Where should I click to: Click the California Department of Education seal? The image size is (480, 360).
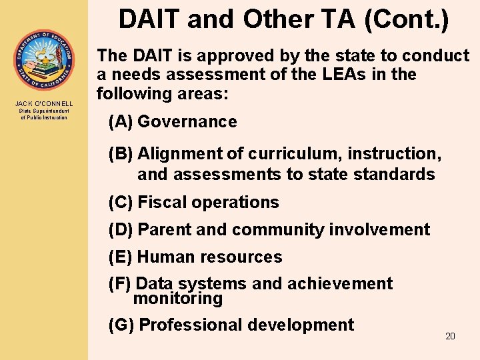[x=44, y=60]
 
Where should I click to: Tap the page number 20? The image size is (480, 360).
[x=450, y=336]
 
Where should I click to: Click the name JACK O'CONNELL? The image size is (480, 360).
[x=44, y=103]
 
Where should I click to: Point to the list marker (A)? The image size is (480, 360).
[x=121, y=122]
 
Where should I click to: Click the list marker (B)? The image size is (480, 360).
[x=121, y=154]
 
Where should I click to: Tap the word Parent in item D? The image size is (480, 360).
[x=165, y=230]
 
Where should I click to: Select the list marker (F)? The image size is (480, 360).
[x=120, y=284]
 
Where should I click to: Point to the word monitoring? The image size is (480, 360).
[x=178, y=299]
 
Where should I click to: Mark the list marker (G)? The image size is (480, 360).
[x=121, y=325]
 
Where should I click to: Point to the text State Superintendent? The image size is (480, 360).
[x=44, y=111]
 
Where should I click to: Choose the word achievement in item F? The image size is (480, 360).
[x=340, y=284]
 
